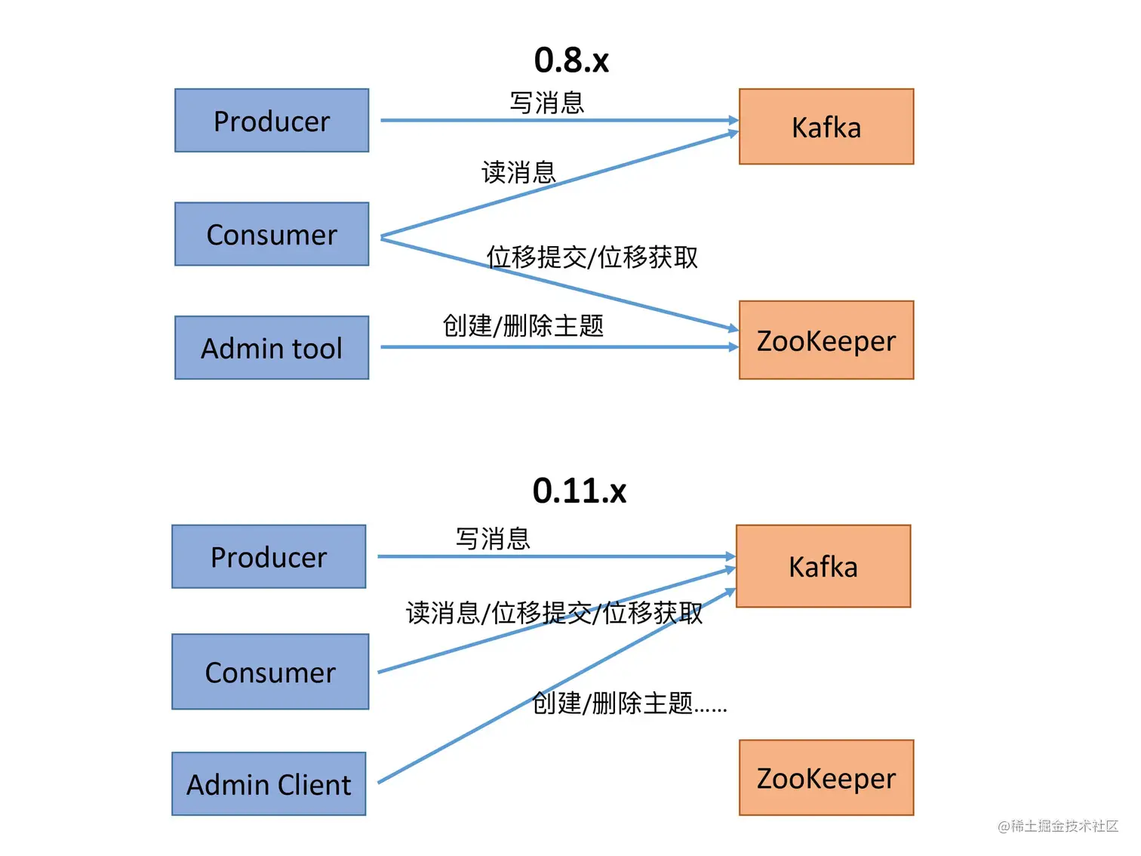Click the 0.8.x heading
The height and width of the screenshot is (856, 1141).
[571, 60]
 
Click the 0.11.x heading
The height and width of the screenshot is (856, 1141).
[579, 491]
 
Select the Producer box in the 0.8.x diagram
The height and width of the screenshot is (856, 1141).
[272, 121]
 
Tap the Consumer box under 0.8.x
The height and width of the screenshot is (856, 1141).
[272, 234]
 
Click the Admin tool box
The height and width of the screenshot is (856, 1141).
[272, 348]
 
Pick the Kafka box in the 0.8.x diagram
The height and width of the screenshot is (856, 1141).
[826, 127]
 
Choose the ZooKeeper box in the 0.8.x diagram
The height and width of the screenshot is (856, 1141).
[826, 340]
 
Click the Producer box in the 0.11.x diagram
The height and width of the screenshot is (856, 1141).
[269, 557]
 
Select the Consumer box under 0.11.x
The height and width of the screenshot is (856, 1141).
[270, 672]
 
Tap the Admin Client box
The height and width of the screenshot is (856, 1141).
[269, 784]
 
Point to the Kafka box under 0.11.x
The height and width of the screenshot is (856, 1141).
[823, 566]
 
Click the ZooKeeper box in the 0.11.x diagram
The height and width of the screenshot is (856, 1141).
[826, 777]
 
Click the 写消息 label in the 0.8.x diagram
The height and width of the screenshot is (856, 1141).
[547, 103]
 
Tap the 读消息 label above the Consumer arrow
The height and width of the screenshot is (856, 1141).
[518, 172]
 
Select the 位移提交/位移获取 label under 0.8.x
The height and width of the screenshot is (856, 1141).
[592, 257]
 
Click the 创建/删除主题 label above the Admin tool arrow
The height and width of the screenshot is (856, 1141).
[523, 326]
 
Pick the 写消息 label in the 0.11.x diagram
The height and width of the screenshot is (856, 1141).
[493, 539]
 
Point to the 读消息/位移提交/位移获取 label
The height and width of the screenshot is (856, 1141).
[554, 613]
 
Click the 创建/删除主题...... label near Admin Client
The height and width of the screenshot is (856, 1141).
[629, 704]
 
